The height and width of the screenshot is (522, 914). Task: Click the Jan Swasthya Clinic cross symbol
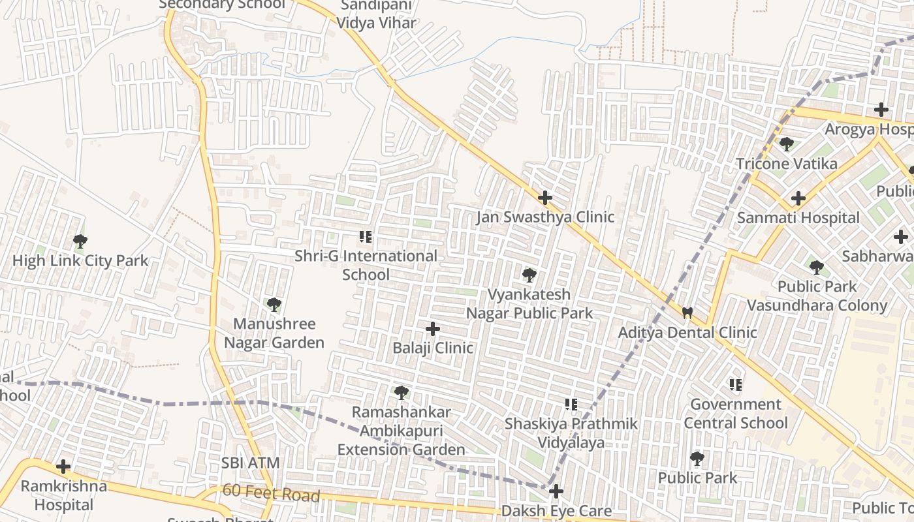tap(544, 197)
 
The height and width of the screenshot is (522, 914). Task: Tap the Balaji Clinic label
tap(433, 348)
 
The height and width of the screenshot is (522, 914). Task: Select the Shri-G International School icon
tap(366, 236)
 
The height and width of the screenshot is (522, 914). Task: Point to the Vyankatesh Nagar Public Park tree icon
tap(529, 275)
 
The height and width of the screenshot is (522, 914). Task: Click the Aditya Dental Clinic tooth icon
tap(687, 313)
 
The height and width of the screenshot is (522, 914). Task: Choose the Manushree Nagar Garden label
tap(274, 333)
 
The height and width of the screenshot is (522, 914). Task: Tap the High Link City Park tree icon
tap(80, 241)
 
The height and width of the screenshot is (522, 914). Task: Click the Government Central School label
tap(736, 414)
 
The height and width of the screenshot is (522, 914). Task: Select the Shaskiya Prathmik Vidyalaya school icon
tap(571, 405)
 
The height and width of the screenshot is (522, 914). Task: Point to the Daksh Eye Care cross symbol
tap(556, 491)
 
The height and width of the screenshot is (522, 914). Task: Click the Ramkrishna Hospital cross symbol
tap(63, 467)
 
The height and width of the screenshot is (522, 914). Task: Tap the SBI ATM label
tap(251, 463)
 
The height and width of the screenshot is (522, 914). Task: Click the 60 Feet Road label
tap(271, 493)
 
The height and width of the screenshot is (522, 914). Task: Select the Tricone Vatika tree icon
tap(787, 144)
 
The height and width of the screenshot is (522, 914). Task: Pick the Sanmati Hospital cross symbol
tap(798, 198)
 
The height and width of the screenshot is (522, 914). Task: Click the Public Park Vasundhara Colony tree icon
tap(816, 267)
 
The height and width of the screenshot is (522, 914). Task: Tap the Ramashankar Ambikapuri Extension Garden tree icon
tap(402, 392)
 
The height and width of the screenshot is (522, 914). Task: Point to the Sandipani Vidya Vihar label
tap(376, 15)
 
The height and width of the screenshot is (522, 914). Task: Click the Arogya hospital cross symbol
tap(882, 110)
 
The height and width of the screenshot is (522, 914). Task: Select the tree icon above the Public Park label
tap(697, 458)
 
